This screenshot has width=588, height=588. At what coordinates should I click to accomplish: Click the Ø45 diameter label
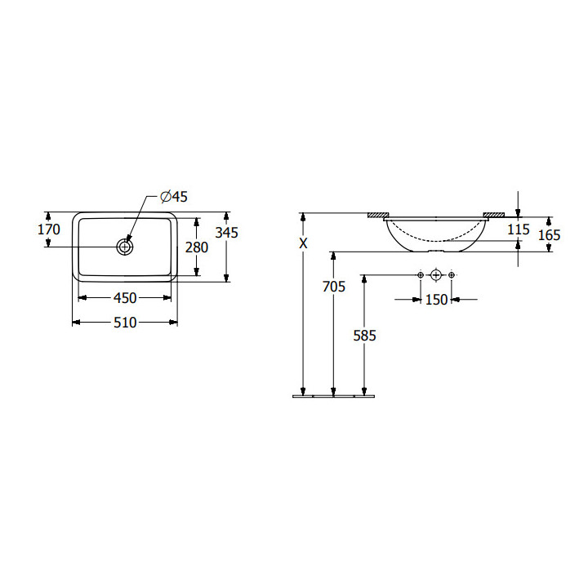tap(174, 197)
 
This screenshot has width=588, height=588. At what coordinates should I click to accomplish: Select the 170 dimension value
tap(49, 229)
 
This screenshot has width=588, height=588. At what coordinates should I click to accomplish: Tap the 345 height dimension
tap(226, 233)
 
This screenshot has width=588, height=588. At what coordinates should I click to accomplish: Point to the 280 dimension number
tap(197, 247)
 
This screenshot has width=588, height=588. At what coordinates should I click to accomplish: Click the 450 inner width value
tap(125, 298)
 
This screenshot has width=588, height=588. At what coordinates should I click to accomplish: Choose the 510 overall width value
tap(125, 323)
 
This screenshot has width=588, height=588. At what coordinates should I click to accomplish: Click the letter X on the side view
tap(303, 243)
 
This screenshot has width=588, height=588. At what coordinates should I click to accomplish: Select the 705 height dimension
tap(334, 287)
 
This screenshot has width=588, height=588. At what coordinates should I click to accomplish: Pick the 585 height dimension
tap(364, 336)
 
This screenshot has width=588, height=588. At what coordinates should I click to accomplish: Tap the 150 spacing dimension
tap(436, 300)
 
